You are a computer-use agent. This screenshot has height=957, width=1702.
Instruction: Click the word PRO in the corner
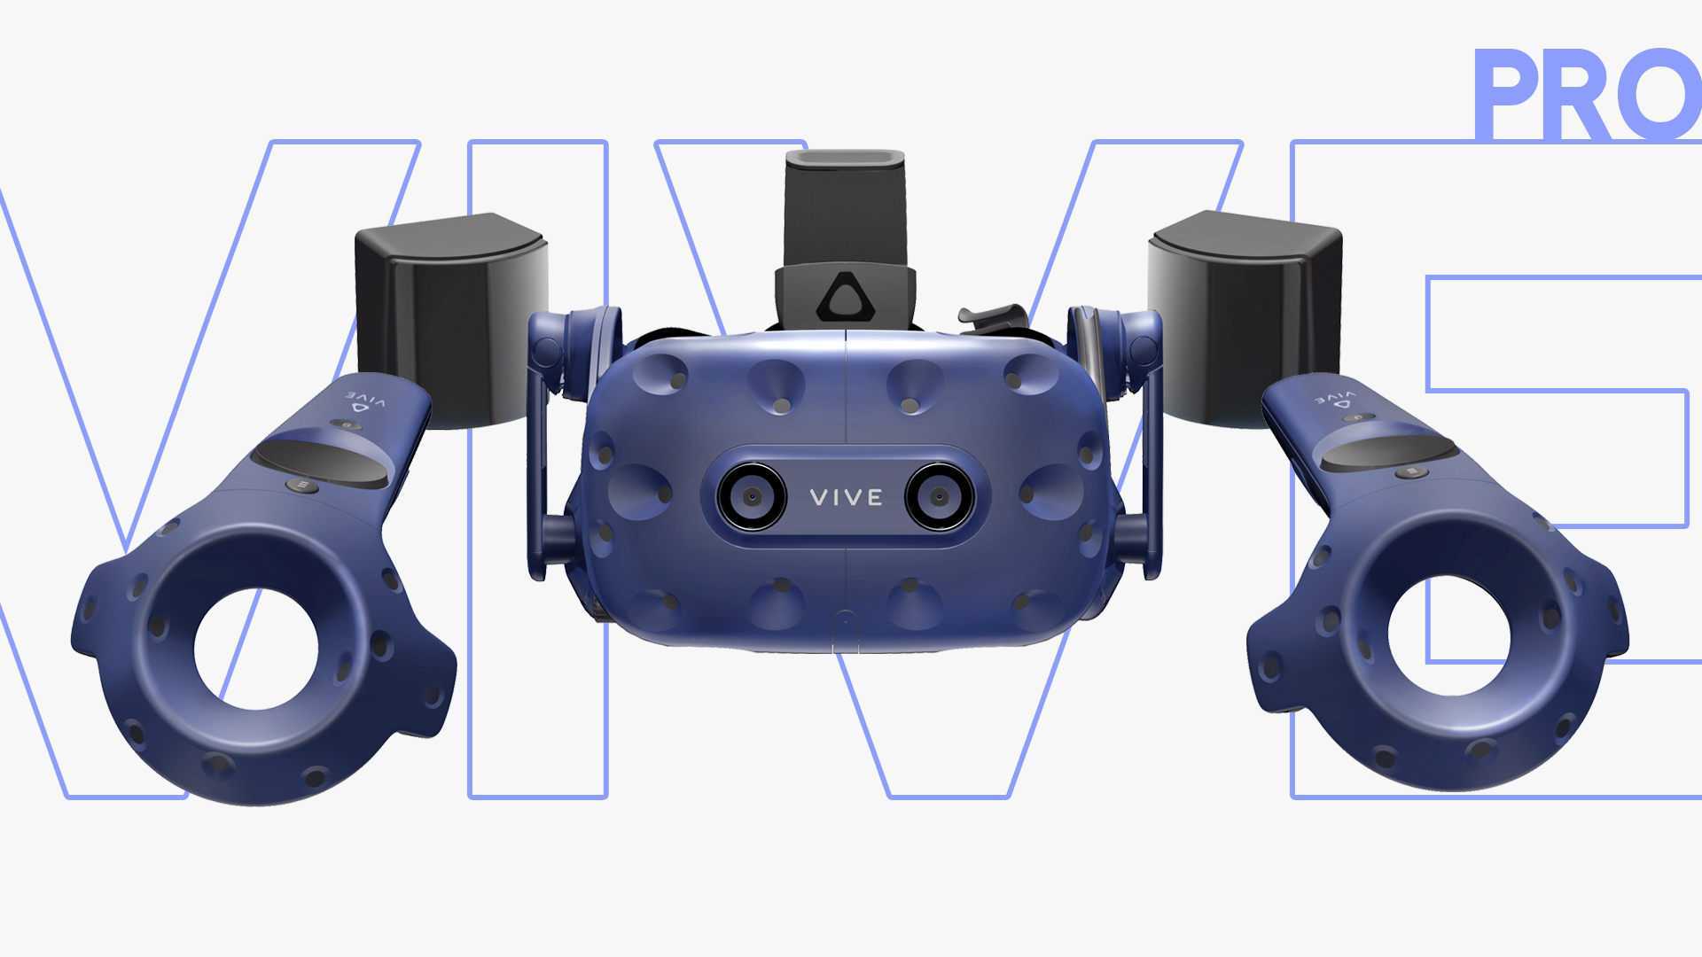[x=1587, y=94]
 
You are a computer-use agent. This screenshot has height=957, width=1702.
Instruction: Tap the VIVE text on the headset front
[x=847, y=498]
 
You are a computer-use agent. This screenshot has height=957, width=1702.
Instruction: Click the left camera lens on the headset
[x=752, y=497]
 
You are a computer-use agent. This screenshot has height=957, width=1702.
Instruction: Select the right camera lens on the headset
[x=940, y=497]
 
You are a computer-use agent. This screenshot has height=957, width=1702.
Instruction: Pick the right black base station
[x=1245, y=315]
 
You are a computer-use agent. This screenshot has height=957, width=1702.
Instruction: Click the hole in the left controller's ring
[x=256, y=649]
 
